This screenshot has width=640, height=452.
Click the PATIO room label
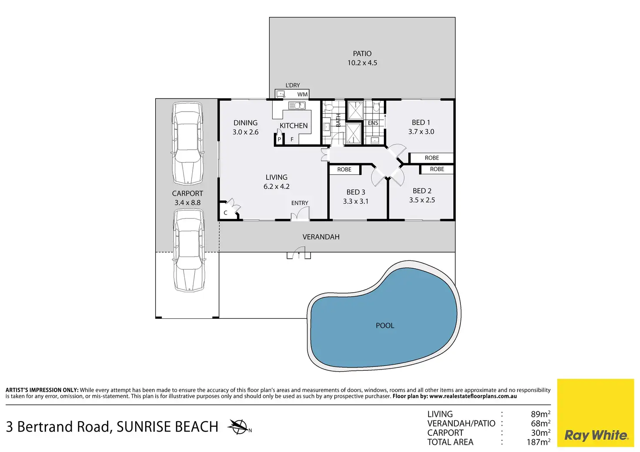pos(362,54)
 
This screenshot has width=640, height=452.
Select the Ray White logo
pos(596,413)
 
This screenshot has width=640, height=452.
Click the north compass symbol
pos(238,427)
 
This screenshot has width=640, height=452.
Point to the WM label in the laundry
pos(302,95)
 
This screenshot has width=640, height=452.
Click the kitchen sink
pos(297,106)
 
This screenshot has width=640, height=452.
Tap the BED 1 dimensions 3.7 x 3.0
pos(421,132)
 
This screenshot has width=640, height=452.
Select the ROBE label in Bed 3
pos(344,169)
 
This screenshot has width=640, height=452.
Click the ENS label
pos(373,123)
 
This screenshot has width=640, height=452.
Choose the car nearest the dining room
pos(187,144)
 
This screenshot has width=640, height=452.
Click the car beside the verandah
pos(189,251)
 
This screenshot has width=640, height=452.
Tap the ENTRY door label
pos(300,203)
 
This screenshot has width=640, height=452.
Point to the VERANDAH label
pos(321,237)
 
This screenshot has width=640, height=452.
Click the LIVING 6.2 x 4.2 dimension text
pos(276,186)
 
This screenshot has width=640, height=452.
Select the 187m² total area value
pos(539,442)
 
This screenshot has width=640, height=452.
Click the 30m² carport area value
pos(540,432)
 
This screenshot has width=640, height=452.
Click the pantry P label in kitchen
pos(279,139)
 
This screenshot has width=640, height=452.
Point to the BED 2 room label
pos(422,191)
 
